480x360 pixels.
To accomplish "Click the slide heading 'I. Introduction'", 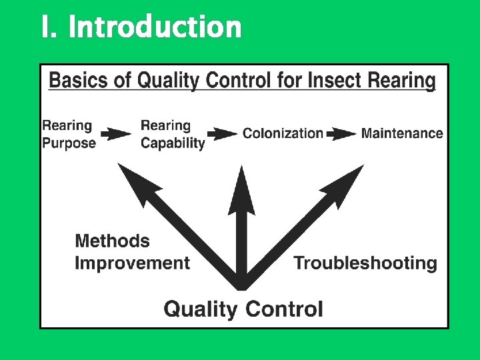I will click(141, 27).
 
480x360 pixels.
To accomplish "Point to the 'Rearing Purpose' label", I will click(69, 133).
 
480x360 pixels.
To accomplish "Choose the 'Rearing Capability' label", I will click(173, 133).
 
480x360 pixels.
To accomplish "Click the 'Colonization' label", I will click(283, 133).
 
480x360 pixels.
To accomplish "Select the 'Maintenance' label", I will click(402, 133).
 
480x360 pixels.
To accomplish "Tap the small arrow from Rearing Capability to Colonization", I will click(222, 133).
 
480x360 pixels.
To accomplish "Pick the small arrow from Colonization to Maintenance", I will click(341, 133).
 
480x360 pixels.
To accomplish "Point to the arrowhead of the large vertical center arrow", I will click(241, 190).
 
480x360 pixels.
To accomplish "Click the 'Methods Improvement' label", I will click(132, 252).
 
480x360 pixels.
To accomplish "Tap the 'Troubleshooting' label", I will click(365, 263).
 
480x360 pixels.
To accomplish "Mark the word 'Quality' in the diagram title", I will click(169, 81).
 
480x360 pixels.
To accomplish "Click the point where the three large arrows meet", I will click(241, 285).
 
